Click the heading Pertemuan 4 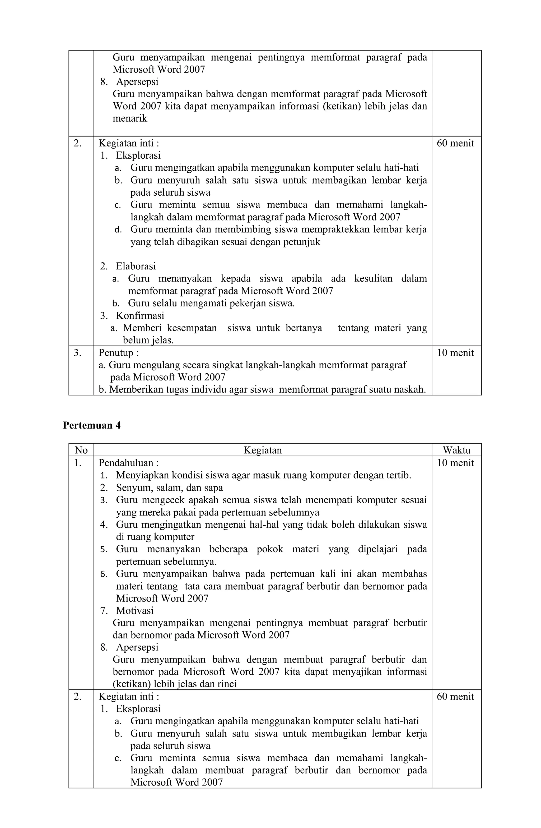click(x=92, y=425)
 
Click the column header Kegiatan click(x=263, y=450)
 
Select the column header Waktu click(x=456, y=450)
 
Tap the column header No click(x=81, y=450)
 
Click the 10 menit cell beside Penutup click(x=455, y=353)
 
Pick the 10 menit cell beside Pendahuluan click(x=455, y=463)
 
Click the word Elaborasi click(x=136, y=266)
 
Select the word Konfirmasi click(x=140, y=316)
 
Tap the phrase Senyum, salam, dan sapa click(x=169, y=488)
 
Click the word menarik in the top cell click(x=130, y=118)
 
